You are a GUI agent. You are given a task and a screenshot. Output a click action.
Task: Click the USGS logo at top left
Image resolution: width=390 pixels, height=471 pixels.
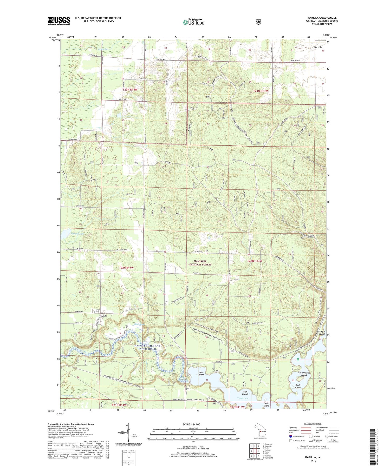point(59,21)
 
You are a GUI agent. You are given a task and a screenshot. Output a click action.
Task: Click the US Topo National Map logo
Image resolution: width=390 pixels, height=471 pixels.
point(193,22)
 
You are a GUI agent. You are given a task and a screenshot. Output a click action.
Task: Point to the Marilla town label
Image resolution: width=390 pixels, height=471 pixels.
point(318,47)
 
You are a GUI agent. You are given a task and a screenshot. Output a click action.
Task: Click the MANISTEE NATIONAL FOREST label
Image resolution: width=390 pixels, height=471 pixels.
point(200,263)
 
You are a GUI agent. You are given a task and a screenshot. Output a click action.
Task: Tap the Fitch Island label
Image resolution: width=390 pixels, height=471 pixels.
point(245,393)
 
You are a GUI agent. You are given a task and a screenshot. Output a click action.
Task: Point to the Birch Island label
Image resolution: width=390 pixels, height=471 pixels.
point(298,386)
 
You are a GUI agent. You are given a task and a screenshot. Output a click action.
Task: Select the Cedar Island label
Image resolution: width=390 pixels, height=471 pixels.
point(266,404)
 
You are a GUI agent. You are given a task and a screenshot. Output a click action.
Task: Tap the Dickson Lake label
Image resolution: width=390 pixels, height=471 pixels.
point(77,234)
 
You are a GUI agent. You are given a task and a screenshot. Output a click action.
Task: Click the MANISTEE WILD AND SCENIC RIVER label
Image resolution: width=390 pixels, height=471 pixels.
point(147,347)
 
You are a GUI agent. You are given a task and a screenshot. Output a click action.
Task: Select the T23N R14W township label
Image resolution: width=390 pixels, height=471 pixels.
point(129,89)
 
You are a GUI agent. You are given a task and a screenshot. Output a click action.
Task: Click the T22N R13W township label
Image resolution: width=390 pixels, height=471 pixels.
point(254,261)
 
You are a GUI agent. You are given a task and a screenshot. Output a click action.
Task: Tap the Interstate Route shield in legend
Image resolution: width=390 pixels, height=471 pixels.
point(291,436)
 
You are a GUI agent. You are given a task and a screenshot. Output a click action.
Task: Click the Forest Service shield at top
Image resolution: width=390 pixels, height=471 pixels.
point(258,22)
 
